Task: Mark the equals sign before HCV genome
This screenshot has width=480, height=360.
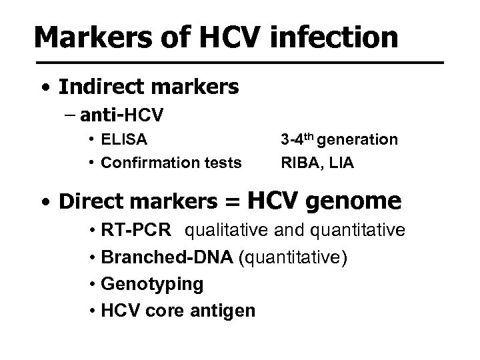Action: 233,202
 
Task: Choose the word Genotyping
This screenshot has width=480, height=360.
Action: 152,285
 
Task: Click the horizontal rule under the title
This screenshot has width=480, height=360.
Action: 239,63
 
